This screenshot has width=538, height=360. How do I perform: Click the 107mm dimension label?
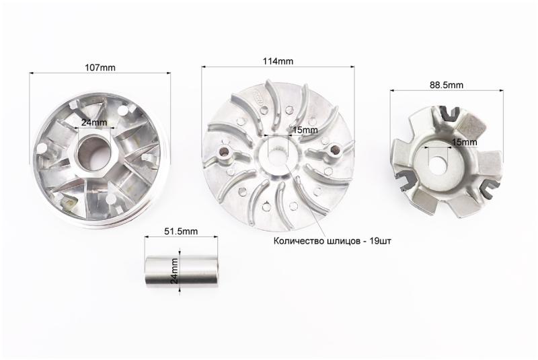tap(100, 67)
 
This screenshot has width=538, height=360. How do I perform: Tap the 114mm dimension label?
tap(278, 61)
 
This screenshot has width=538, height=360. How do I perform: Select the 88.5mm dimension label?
tap(447, 85)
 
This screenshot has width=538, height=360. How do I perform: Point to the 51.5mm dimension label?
tap(181, 231)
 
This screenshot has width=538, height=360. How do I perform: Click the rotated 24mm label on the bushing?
tap(174, 271)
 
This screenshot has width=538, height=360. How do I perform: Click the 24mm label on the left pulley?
tap(94, 122)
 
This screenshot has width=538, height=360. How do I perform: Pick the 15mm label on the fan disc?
tap(305, 130)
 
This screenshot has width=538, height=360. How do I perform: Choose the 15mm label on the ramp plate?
tap(464, 142)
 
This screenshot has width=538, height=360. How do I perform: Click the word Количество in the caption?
tap(298, 241)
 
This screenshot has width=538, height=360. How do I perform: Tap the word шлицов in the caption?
tap(342, 241)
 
